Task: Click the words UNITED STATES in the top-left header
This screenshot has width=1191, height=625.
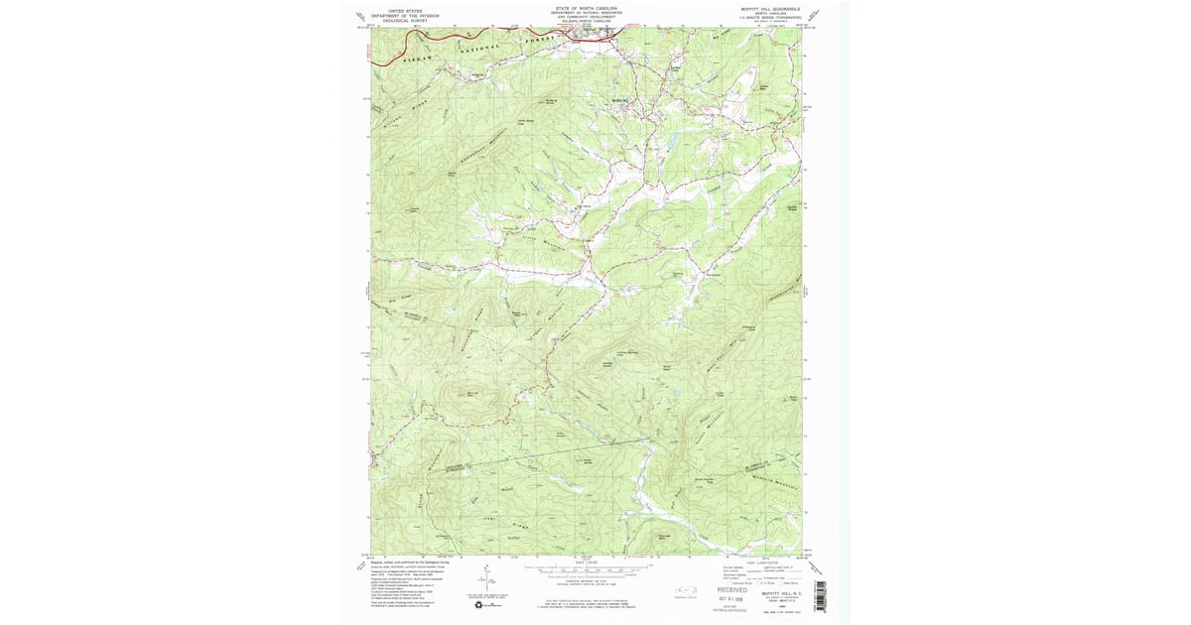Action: [389, 11]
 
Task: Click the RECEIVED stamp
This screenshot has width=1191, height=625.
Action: [732, 589]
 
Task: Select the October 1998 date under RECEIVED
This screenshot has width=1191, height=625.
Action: [734, 597]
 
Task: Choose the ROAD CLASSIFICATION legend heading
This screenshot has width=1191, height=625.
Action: [760, 562]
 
